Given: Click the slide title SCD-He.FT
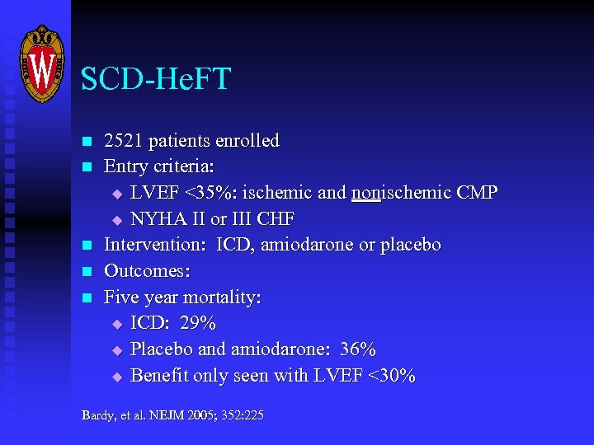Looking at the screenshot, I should click(x=156, y=80).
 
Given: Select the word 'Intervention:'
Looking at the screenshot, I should click(x=156, y=245).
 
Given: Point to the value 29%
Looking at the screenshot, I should click(x=198, y=324).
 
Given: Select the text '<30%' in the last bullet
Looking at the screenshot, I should click(x=392, y=377).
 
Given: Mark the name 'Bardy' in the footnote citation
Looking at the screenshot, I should click(x=96, y=415).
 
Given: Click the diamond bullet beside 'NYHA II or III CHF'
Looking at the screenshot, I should click(x=116, y=220).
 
